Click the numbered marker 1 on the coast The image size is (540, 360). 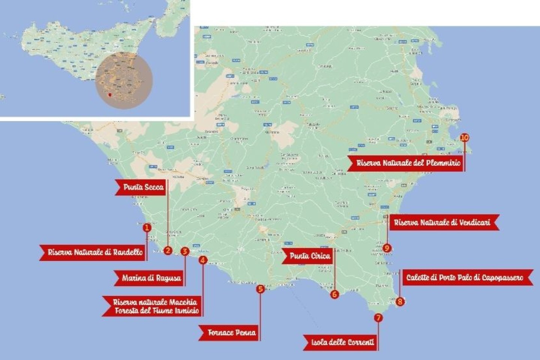coord(147,227)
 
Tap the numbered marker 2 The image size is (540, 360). coord(168,250)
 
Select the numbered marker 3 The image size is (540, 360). coord(184,251)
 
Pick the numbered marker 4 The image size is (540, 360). coord(203,259)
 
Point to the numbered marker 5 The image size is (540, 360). coord(260,289)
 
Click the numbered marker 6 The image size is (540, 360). coord(334,294)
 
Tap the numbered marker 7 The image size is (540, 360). coord(378,318)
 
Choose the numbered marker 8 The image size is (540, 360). coord(400,301)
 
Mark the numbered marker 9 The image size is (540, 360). coord(387,248)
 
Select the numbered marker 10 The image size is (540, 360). coord(464,138)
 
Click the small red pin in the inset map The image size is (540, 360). coord(109,95)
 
